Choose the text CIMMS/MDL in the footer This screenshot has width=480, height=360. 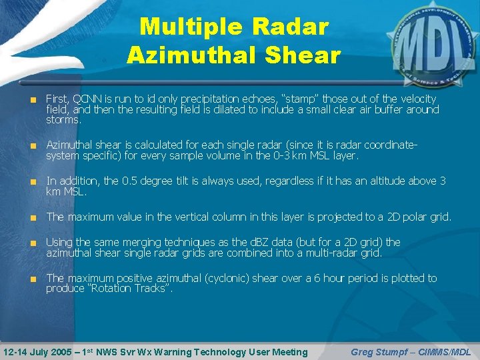tap(447, 351)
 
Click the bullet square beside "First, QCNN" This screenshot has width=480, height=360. tap(33, 99)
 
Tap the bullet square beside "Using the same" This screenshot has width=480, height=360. tap(33, 243)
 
